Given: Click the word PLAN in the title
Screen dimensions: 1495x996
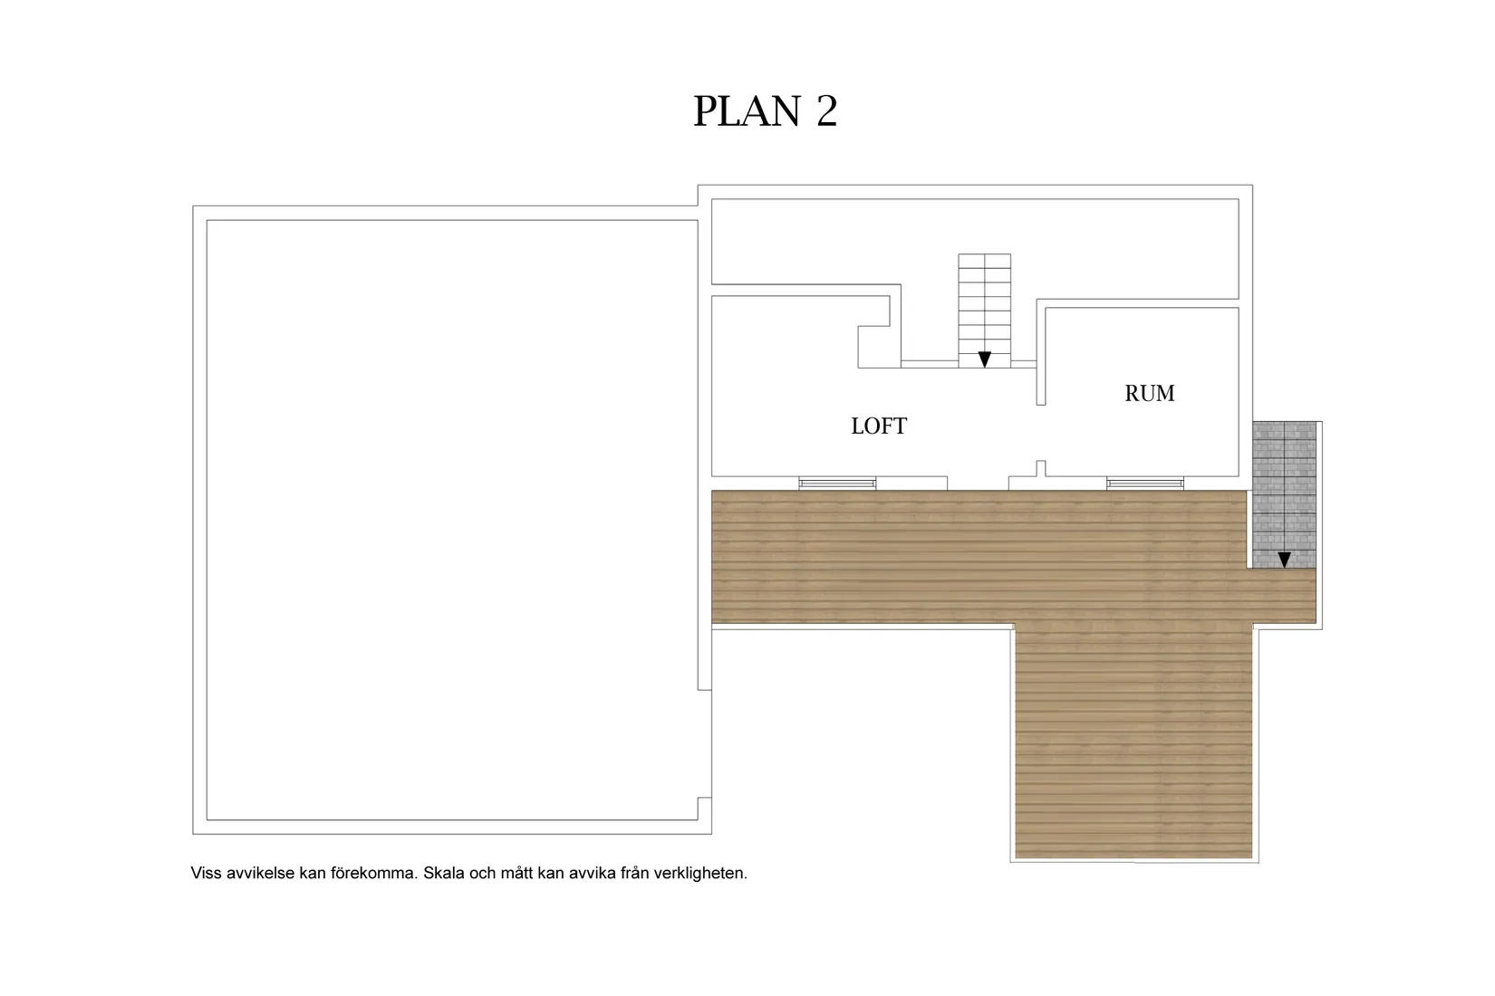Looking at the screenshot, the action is (747, 110).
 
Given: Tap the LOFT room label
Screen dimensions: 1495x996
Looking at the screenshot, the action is (879, 426).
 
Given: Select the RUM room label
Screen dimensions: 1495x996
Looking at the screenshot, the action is (1149, 394).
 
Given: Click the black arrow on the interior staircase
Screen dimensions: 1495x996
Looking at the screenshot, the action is (984, 359).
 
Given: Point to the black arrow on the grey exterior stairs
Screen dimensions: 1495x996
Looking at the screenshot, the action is (1284, 560).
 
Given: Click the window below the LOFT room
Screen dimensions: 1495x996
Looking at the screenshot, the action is (837, 484).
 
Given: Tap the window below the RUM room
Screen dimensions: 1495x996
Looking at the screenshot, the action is (1145, 484).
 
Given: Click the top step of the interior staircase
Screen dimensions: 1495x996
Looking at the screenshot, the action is (984, 261).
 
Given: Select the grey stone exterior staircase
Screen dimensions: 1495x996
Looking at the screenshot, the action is (1284, 495).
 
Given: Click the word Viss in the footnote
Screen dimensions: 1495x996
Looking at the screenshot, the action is (206, 873).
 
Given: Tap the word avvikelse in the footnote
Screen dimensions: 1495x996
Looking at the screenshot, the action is (260, 873).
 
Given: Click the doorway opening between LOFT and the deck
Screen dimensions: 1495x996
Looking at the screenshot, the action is (978, 484).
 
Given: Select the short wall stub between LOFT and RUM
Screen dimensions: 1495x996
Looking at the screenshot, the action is (1040, 469).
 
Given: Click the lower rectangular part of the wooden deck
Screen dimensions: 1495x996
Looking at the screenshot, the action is (1133, 741).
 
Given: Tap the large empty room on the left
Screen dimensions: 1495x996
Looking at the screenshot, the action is (452, 520).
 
